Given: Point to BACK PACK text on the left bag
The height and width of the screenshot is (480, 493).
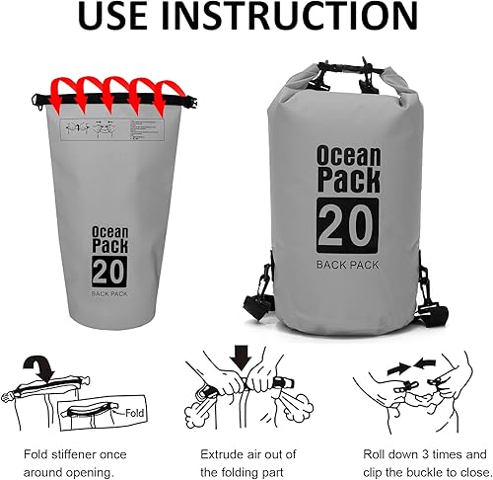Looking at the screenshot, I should click(109, 293).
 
